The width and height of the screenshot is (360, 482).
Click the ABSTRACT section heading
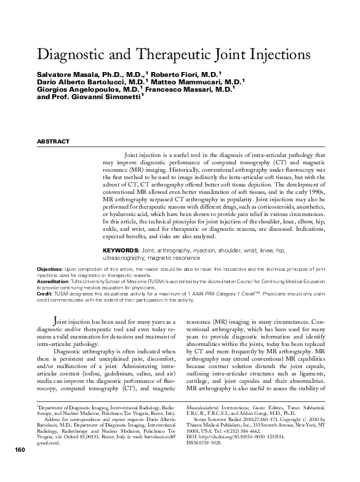[54, 142]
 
